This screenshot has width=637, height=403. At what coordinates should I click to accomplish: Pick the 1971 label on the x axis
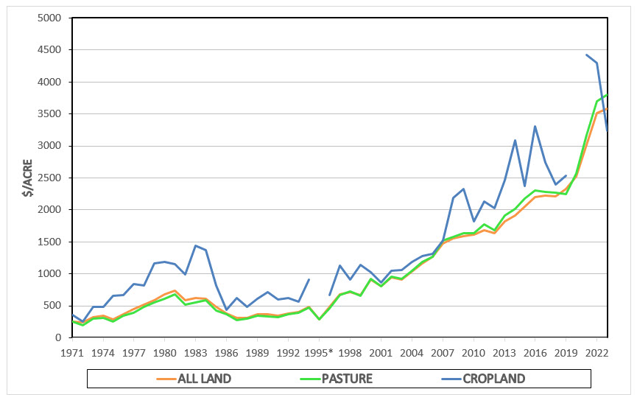click(x=73, y=352)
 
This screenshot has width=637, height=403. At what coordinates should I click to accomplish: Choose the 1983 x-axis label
click(x=196, y=352)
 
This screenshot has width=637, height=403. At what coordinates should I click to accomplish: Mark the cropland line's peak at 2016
click(x=535, y=126)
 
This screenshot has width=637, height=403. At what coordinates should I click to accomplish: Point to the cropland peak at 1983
click(x=196, y=245)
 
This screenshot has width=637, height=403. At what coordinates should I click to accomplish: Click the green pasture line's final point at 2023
click(x=607, y=94)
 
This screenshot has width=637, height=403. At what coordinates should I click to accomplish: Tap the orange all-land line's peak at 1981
click(x=175, y=290)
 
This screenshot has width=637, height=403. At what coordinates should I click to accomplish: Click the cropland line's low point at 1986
click(x=227, y=309)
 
